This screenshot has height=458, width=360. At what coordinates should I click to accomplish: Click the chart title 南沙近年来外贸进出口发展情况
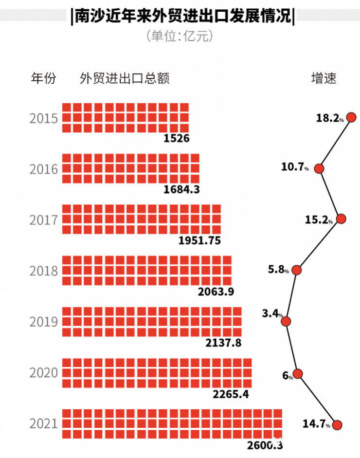click(182, 16)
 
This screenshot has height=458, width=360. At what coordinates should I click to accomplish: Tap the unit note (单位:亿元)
click(180, 36)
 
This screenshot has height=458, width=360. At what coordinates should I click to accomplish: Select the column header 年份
click(43, 78)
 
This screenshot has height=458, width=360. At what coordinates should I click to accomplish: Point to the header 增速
click(324, 78)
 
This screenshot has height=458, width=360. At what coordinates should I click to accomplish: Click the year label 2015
click(43, 118)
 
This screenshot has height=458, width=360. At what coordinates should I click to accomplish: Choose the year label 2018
click(43, 271)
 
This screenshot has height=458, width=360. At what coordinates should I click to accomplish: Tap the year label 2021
click(43, 423)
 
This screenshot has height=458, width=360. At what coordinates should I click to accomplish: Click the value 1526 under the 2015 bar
click(176, 139)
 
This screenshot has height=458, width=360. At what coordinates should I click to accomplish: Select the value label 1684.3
click(182, 189)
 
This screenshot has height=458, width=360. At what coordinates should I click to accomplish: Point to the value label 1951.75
click(199, 240)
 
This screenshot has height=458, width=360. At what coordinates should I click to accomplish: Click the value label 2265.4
click(231, 393)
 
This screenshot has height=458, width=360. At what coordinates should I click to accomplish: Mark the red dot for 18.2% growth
click(352, 117)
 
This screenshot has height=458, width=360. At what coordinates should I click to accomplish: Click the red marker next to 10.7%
click(319, 168)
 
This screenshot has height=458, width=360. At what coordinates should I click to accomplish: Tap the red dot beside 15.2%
click(341, 219)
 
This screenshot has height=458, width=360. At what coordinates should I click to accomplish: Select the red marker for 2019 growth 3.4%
click(286, 321)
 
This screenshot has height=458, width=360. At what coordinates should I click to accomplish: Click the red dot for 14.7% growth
click(338, 425)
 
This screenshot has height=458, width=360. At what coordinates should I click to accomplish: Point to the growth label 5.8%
click(279, 270)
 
